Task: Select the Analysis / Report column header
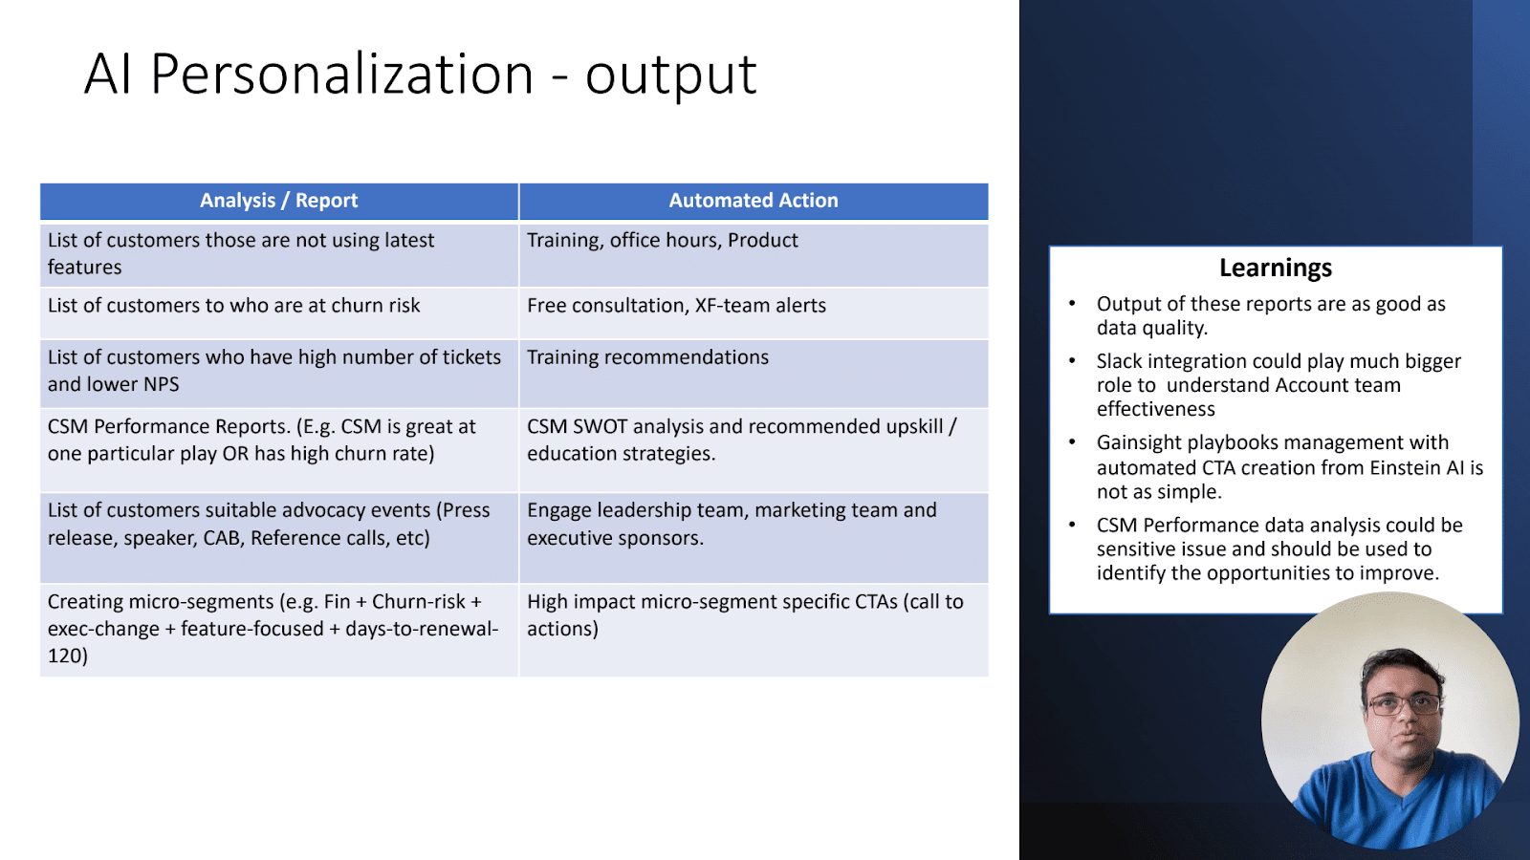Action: [x=278, y=201]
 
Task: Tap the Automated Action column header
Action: [x=754, y=201]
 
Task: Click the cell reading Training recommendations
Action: [x=754, y=374]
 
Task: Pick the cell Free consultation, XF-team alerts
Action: [x=754, y=313]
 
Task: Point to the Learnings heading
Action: [x=1276, y=268]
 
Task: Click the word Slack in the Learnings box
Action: [x=1120, y=361]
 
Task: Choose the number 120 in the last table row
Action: [x=68, y=656]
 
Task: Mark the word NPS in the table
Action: [x=162, y=384]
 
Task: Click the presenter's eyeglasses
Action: [x=1405, y=703]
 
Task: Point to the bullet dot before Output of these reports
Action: [x=1072, y=303]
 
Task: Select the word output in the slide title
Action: [x=670, y=75]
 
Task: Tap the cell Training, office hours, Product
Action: [x=754, y=255]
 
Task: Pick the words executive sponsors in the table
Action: [x=614, y=538]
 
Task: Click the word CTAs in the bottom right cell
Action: [x=876, y=601]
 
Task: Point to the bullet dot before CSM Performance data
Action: [x=1072, y=525]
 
